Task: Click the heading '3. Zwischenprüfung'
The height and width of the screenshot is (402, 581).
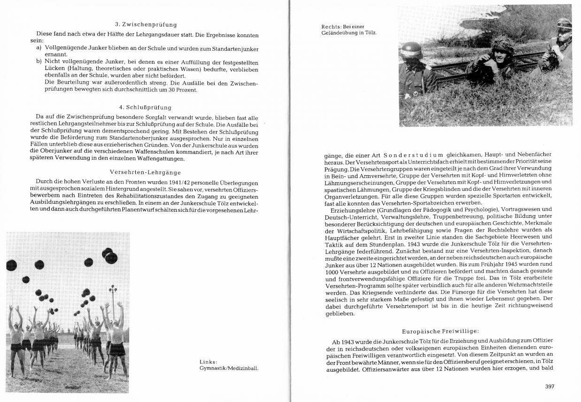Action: [x=146, y=24]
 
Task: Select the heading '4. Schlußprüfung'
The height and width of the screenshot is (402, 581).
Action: [x=145, y=107]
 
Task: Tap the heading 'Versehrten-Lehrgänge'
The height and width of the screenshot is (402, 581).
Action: [x=145, y=172]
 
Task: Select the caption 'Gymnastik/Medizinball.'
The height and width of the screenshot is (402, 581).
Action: [x=229, y=368]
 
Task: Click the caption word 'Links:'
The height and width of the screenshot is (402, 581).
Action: [x=208, y=362]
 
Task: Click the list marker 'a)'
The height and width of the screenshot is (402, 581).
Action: [x=39, y=48]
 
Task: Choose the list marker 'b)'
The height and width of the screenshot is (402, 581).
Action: [x=39, y=62]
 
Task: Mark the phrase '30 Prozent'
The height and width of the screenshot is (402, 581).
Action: [x=183, y=90]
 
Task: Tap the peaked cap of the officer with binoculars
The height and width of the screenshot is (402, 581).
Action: [x=564, y=23]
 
